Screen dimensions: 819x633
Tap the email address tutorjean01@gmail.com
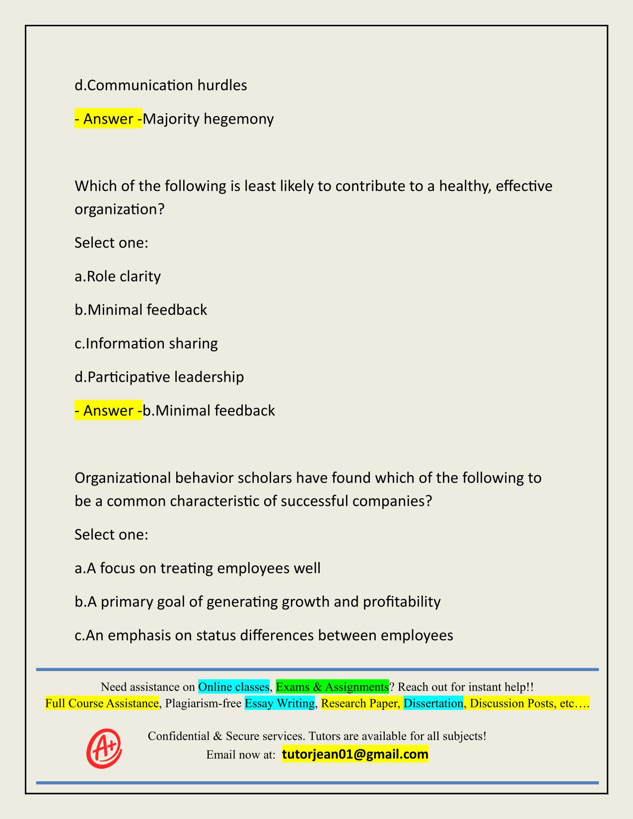[355, 754]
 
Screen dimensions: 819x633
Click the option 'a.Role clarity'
[118, 276]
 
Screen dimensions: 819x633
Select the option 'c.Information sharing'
[146, 343]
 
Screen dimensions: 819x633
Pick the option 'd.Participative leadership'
[159, 377]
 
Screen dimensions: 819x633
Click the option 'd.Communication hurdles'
[161, 85]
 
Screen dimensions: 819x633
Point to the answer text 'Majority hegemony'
[209, 119]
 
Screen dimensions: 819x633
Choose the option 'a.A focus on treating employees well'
[198, 568]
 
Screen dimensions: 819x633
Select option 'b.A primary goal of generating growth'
[258, 602]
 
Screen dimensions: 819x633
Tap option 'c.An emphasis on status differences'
[264, 635]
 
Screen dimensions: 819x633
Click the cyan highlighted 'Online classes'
[234, 687]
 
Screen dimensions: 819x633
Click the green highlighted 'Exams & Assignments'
[332, 687]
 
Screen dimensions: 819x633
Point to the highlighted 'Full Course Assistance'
[102, 703]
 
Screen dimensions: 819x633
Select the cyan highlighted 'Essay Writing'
[280, 703]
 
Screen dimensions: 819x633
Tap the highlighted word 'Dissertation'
[433, 703]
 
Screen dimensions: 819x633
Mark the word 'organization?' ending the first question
[119, 209]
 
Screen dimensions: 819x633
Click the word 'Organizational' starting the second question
[124, 478]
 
